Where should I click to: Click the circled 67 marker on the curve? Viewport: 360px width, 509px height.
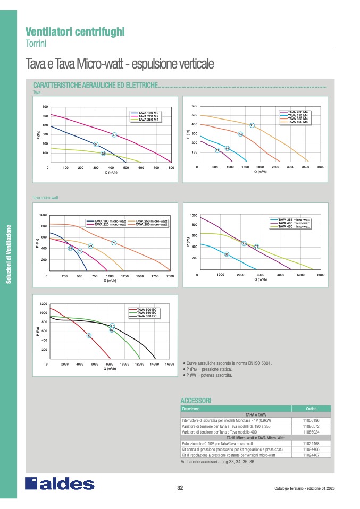(x=114, y=135)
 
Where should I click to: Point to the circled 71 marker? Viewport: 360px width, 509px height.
(x=252, y=125)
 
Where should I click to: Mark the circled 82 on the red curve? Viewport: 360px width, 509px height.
(x=89, y=336)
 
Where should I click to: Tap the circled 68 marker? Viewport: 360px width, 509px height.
(x=227, y=254)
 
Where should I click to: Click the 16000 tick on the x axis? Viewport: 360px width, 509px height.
(x=170, y=364)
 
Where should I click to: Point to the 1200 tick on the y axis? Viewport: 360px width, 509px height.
(x=43, y=303)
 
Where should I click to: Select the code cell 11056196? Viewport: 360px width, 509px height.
(x=311, y=420)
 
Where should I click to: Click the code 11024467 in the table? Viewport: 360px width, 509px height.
(x=311, y=455)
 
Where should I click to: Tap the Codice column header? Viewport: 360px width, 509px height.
(x=311, y=409)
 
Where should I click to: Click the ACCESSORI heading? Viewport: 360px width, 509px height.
(x=196, y=400)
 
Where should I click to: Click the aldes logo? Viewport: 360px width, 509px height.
(x=60, y=483)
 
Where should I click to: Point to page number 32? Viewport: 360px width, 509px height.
(x=180, y=488)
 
